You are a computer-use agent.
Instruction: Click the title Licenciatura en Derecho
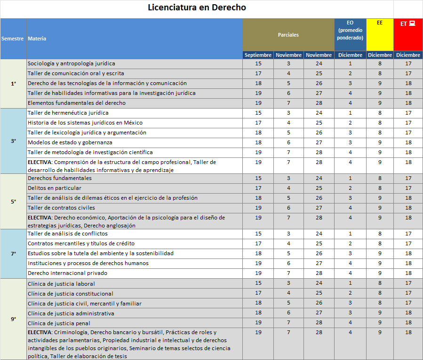click(x=197, y=8)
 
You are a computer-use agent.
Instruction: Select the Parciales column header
click(x=288, y=35)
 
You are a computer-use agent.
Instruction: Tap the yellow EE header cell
click(x=380, y=34)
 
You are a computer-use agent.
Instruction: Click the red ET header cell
click(x=407, y=34)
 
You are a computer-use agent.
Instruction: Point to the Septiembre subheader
click(x=258, y=55)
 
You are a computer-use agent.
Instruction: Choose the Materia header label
click(x=37, y=39)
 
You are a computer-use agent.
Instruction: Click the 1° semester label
click(x=14, y=83)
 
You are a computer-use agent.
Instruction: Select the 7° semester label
click(x=14, y=253)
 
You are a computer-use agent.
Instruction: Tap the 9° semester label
click(x=14, y=319)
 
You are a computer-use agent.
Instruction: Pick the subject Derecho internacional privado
click(x=67, y=273)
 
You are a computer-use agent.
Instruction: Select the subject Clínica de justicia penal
click(x=59, y=323)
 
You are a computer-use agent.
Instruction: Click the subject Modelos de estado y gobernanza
click(x=70, y=142)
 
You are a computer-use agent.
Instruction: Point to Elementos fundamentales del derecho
click(x=77, y=103)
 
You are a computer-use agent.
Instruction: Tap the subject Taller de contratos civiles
click(x=61, y=208)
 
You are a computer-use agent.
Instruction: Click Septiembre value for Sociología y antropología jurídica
click(x=258, y=63)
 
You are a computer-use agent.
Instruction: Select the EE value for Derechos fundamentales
click(x=380, y=178)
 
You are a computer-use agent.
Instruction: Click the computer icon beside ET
click(x=412, y=23)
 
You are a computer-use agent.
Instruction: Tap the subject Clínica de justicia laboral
click(x=61, y=284)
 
